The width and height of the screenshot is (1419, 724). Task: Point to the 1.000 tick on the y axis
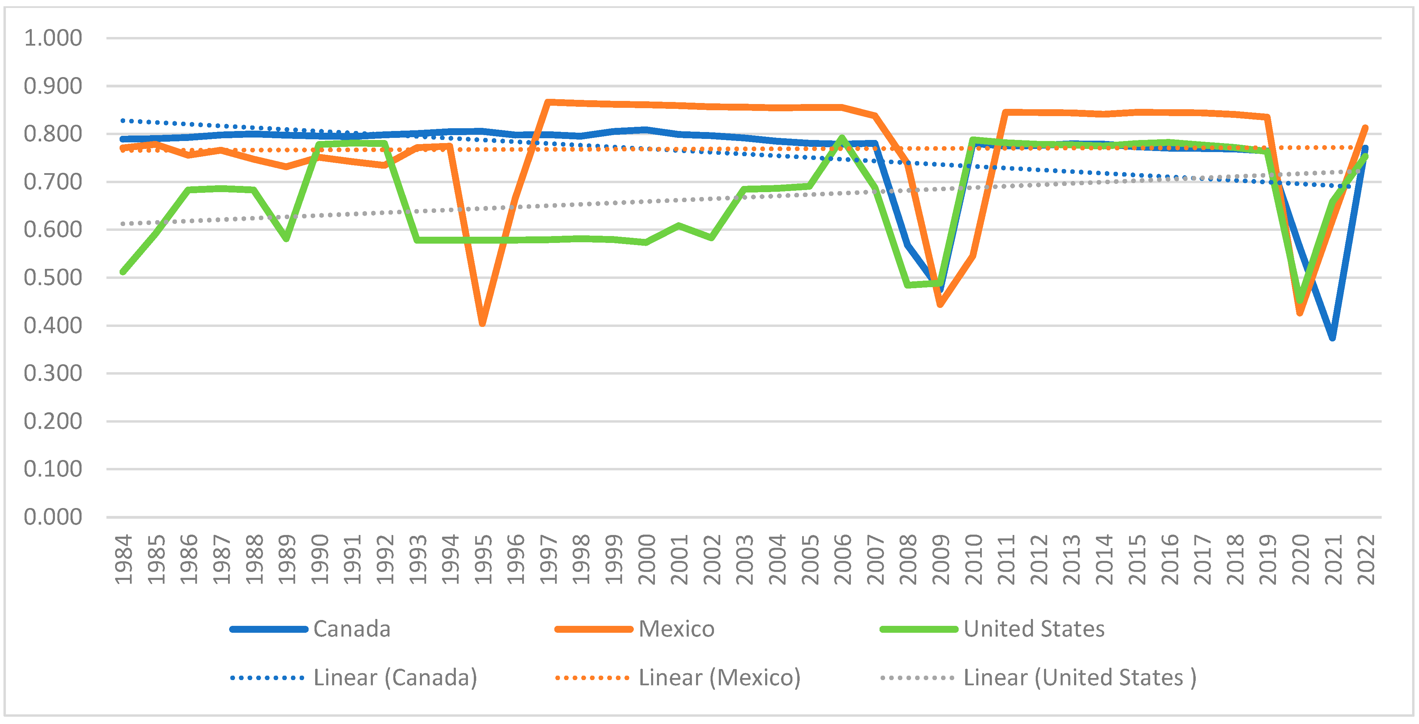[53, 38]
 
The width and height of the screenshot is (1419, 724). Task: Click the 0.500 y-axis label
[53, 277]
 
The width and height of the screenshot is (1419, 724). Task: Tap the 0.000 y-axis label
[53, 517]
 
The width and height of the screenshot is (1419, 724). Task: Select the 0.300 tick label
[53, 373]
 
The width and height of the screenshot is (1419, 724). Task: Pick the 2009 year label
[941, 559]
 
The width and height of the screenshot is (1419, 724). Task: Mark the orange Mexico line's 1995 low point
[482, 323]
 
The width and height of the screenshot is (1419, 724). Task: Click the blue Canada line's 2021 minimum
[1333, 337]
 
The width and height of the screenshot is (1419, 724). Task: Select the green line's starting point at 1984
[123, 272]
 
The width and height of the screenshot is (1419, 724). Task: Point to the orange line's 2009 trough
[940, 304]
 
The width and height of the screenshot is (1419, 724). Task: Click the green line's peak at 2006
[842, 138]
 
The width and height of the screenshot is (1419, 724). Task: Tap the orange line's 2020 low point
[1300, 313]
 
